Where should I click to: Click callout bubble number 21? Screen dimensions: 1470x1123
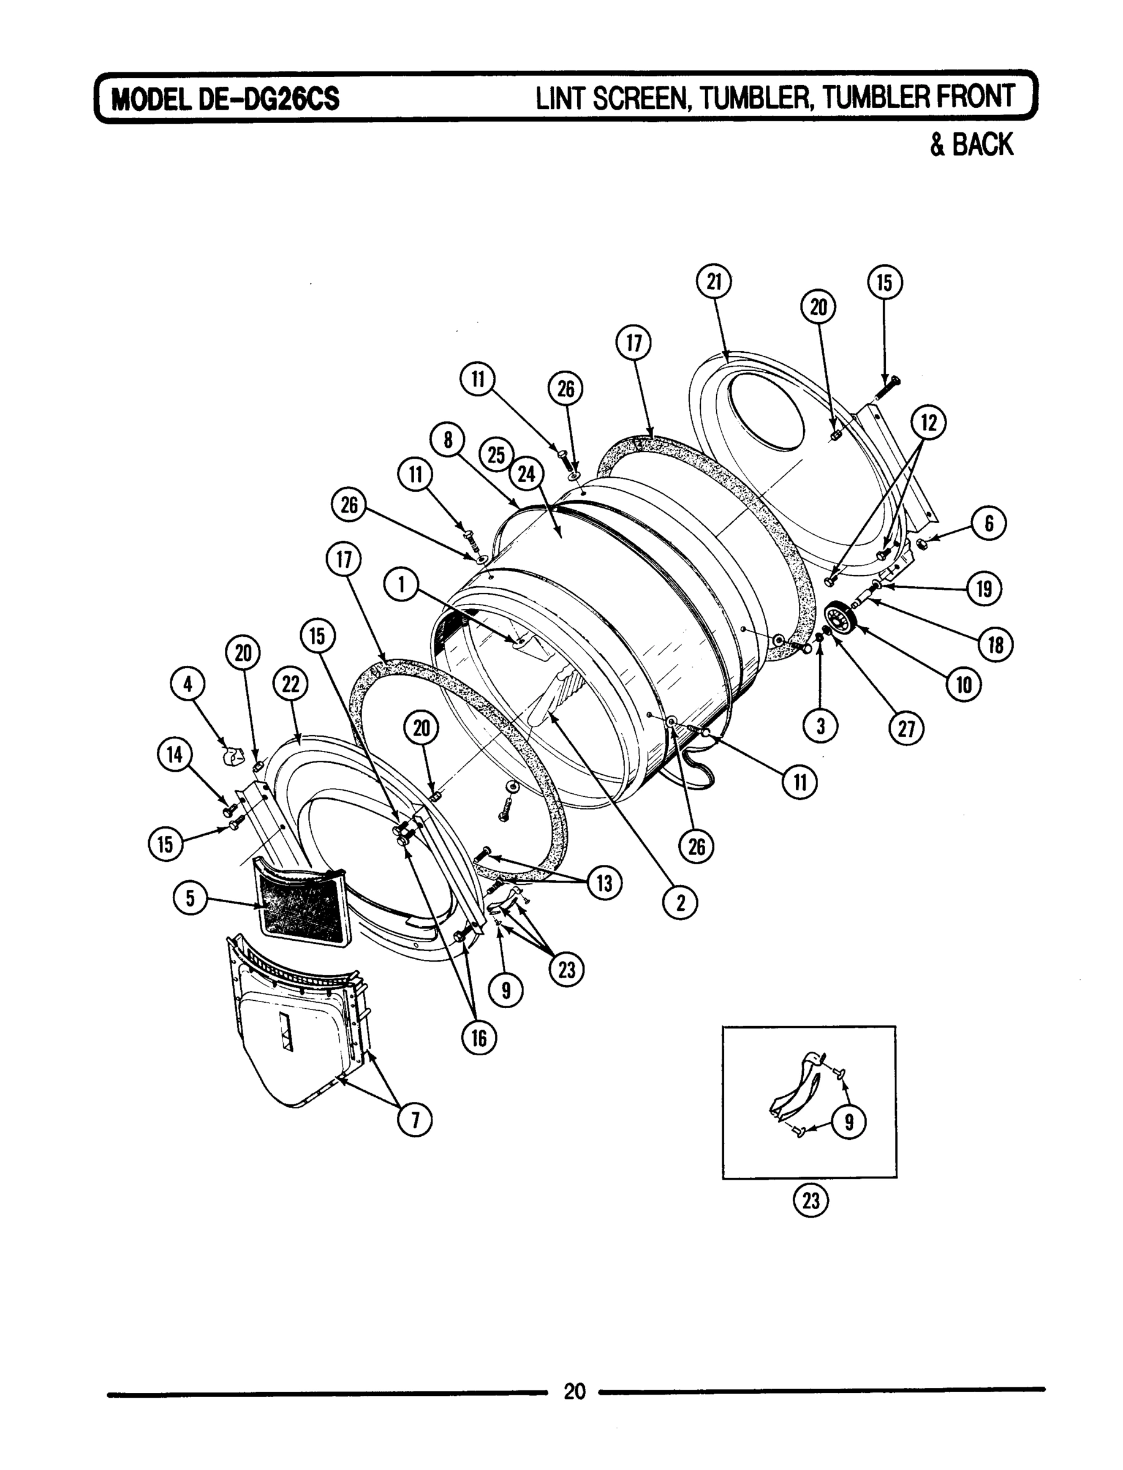coord(714,282)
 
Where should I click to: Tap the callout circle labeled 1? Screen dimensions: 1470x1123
coord(401,586)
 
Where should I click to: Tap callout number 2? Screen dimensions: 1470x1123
coord(681,903)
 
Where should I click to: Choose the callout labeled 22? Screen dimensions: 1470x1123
coord(291,685)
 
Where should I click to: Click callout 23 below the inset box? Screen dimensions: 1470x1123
coord(810,1200)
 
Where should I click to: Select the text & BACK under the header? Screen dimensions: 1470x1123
coord(972,145)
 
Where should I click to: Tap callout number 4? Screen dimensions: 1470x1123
coord(188,684)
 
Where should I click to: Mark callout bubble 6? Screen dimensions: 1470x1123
coord(989,523)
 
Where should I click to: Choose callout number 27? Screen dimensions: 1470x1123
coord(906,728)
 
